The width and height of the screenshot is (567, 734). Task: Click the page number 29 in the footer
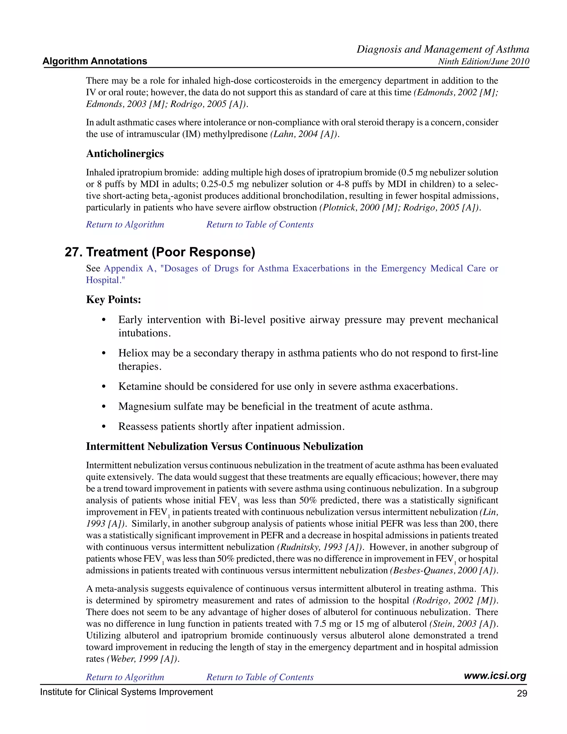(522, 693)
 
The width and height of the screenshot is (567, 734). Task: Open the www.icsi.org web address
(495, 676)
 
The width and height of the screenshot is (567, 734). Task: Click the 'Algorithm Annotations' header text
(95, 61)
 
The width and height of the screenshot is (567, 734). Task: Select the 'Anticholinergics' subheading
(125, 154)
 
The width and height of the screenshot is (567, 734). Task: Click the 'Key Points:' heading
(114, 299)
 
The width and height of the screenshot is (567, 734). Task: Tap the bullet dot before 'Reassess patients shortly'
(104, 427)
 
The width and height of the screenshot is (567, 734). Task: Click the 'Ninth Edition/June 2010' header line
(483, 61)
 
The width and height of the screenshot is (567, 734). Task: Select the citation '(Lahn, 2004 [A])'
(304, 134)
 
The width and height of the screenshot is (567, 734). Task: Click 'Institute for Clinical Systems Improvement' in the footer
(126, 692)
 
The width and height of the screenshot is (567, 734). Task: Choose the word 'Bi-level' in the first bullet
(247, 320)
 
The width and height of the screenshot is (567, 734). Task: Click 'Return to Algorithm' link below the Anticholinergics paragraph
(125, 225)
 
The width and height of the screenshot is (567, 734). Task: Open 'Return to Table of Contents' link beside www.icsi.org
(260, 677)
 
